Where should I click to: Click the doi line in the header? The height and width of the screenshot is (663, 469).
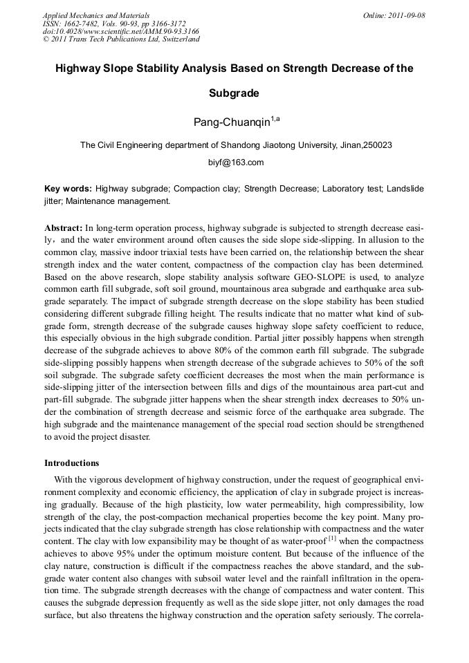click(120, 31)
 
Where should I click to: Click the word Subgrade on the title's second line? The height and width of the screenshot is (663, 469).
click(234, 93)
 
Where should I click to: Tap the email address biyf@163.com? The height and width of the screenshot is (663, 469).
click(235, 162)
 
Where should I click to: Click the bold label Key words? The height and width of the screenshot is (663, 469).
click(68, 189)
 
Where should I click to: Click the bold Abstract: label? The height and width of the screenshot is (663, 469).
click(64, 227)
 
